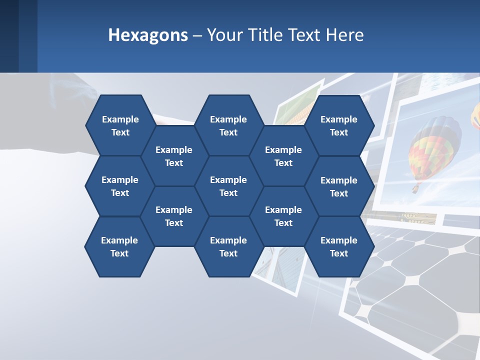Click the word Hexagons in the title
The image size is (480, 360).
[148, 35]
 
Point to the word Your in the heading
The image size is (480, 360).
[223, 35]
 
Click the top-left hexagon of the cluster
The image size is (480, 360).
[120, 125]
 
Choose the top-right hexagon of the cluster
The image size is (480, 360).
[339, 125]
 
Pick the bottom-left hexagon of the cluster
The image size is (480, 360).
[119, 246]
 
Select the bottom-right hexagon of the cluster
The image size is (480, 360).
[339, 246]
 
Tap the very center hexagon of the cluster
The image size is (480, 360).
[228, 186]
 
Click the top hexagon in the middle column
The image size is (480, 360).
[228, 125]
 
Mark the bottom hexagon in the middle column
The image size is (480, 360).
[228, 246]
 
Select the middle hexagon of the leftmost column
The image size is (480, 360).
[120, 186]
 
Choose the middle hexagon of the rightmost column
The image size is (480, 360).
[339, 186]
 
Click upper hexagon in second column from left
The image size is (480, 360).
[174, 156]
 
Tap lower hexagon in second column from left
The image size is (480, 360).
[174, 216]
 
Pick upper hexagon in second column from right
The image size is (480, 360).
[283, 156]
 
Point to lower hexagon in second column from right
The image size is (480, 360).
[283, 216]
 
